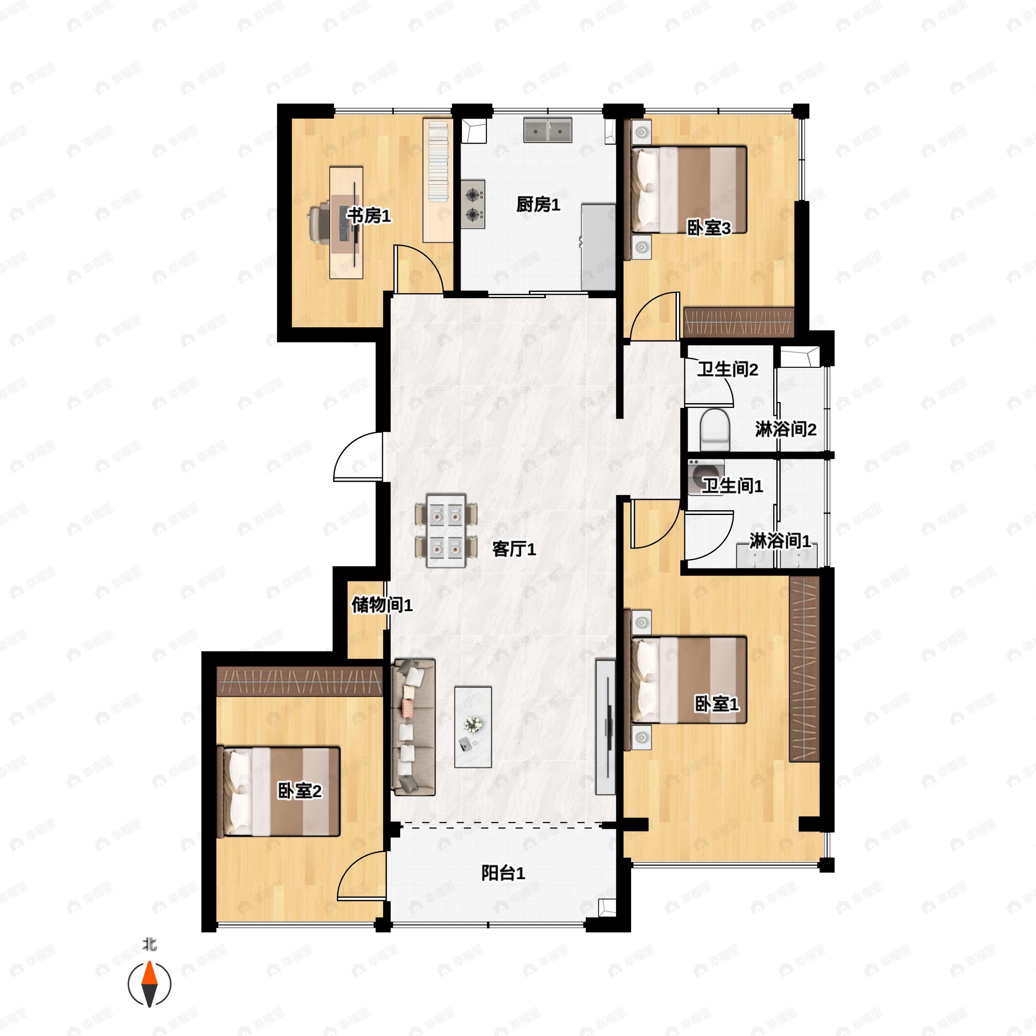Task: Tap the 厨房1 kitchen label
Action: tap(538, 204)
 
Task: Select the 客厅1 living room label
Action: tap(514, 549)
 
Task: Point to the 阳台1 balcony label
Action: tap(503, 873)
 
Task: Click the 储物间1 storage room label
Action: tap(382, 605)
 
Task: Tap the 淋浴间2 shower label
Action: tap(786, 429)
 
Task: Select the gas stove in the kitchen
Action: tap(473, 204)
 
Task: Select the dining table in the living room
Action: tap(446, 531)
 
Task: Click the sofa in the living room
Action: tap(413, 726)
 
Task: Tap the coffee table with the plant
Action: tap(473, 726)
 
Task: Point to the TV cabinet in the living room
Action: tap(605, 726)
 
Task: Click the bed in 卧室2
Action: tap(281, 791)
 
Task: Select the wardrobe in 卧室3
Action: tap(739, 323)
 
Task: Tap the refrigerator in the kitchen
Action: tap(598, 246)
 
